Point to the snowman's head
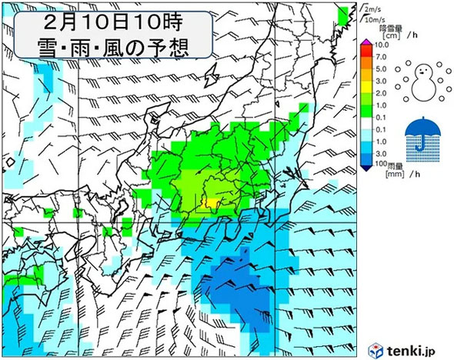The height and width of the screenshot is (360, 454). [420, 71]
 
